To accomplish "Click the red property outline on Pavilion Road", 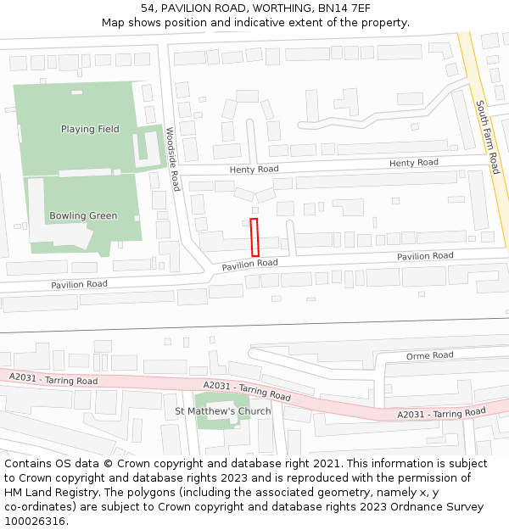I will coord(255,237).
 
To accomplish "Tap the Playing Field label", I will coord(90,130).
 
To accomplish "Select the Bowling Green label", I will coord(83,215).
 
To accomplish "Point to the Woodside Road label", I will coord(173,159).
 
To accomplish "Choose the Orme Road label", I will coord(430,355).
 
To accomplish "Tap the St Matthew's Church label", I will coord(223,411).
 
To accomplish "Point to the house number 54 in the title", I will coord(148,8).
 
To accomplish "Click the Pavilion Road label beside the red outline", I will coord(250,265).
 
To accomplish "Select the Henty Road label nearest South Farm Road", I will coord(414,163).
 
